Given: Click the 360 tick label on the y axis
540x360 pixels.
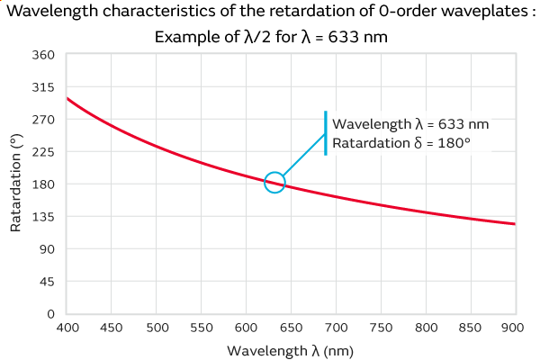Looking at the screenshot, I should tap(45, 55).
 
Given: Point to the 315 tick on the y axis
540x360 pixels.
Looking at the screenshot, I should tap(45, 87).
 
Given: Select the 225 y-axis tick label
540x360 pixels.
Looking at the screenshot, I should tap(45, 152).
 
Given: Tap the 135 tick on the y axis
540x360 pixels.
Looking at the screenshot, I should tap(45, 217).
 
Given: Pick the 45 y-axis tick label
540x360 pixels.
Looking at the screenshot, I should tap(49, 282).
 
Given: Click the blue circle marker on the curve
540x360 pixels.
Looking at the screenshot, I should tap(274, 182).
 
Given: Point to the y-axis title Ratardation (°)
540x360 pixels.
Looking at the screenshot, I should tap(15, 184).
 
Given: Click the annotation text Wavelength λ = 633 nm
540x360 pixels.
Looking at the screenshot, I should tap(410, 124).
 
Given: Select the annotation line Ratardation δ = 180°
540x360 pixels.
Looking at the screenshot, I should tap(402, 143).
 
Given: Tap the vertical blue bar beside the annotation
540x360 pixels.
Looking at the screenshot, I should tap(326, 133).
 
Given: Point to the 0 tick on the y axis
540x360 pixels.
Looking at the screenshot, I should tap(51, 314).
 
